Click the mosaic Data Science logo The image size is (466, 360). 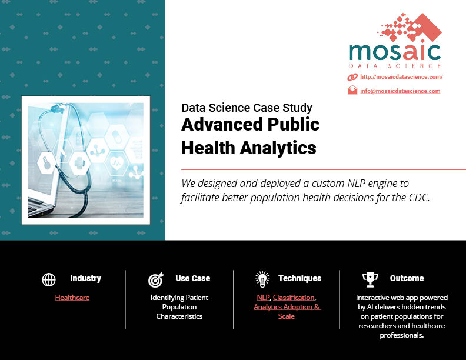coord(395,41)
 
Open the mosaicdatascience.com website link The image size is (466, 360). coord(401,77)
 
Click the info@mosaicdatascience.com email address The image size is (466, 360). coord(400,91)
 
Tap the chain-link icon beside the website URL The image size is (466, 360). coord(352,77)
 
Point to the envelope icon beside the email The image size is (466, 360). coord(352,90)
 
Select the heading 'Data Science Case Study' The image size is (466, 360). coord(247,108)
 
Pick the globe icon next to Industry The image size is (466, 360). coord(49,279)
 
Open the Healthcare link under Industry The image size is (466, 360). coord(72,297)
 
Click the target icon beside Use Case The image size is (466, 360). coord(156,279)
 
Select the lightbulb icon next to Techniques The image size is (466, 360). coord(262,279)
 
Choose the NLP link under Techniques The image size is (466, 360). coord(263,297)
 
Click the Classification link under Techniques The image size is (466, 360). coord(294,297)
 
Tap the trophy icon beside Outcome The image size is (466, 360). coord(370,280)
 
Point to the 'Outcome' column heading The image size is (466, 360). coord(407,278)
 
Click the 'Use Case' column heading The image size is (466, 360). coord(192,278)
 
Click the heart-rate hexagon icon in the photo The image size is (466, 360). coord(117,163)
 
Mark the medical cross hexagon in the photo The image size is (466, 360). coord(79,164)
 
